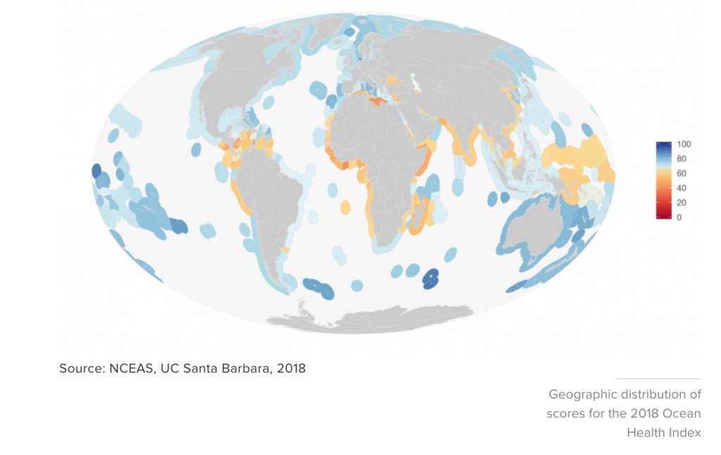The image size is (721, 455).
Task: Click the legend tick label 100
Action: (684, 144)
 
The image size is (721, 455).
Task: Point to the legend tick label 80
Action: (682, 159)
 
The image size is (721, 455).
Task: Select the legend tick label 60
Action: (682, 173)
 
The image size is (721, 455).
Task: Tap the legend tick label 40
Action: (682, 188)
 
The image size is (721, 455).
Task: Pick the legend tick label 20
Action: (682, 203)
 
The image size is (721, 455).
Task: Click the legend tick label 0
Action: (679, 218)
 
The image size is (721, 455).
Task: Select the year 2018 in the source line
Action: (290, 368)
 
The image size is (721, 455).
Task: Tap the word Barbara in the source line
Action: (249, 368)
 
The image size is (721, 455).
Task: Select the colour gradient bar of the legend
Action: (663, 181)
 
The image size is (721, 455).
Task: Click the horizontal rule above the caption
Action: (658, 379)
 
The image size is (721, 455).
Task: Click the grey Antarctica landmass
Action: (373, 318)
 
